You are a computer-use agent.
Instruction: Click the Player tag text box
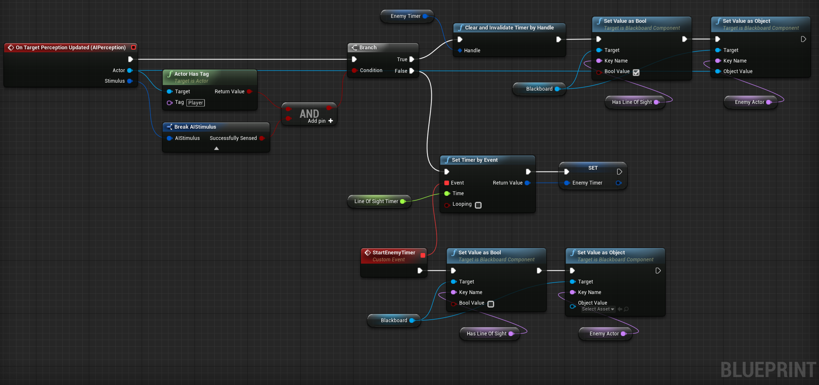pos(196,103)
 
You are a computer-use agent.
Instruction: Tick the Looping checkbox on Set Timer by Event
pos(478,205)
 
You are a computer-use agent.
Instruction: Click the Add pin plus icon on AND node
pos(331,121)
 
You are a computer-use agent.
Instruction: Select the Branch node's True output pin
pos(412,59)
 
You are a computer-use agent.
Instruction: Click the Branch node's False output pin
pos(412,71)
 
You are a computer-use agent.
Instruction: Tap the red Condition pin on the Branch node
pos(354,70)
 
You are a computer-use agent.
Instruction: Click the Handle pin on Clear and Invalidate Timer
pos(460,50)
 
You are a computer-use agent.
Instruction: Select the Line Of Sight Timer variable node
pos(379,201)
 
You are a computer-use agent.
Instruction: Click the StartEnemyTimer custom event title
pos(394,252)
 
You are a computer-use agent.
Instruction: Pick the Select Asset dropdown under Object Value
pos(598,309)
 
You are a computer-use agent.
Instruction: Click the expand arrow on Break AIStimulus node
pos(216,149)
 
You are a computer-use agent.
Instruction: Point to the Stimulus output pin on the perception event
pos(130,81)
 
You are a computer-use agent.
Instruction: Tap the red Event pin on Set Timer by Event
pos(447,183)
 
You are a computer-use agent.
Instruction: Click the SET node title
pos(593,168)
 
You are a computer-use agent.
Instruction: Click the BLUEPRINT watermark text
pos(768,370)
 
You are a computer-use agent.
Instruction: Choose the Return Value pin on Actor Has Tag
pos(249,92)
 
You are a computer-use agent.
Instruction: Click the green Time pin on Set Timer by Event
pos(447,193)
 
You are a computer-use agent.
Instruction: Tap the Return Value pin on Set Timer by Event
pos(527,183)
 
